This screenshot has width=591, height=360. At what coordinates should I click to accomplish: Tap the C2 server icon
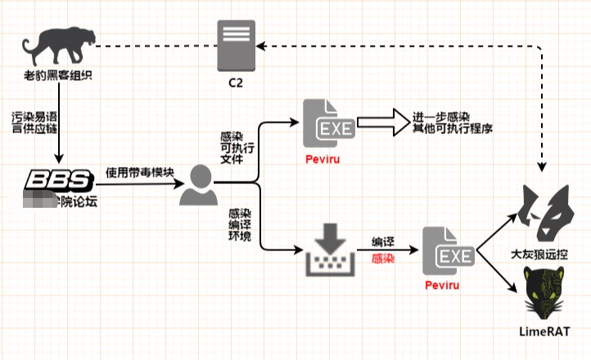pos(235,46)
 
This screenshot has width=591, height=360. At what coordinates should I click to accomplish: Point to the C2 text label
pos(236,84)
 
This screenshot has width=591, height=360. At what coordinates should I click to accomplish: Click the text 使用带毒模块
pos(138,173)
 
